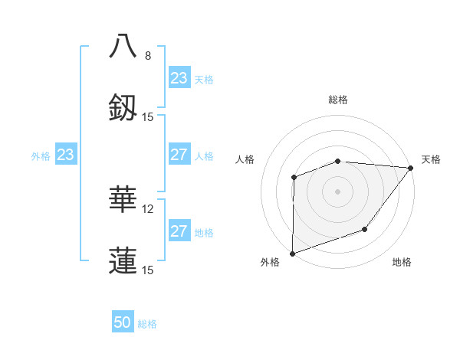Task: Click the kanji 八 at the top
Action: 123,46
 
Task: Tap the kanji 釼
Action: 123,107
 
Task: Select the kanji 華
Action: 123,199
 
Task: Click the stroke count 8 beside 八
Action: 148,56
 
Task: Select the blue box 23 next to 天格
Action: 179,78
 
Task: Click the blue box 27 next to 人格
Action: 179,155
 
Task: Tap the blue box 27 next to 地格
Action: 179,231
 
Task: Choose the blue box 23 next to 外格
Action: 65,155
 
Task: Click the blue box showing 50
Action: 123,322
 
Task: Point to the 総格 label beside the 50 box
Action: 148,324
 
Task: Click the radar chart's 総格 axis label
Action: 338,100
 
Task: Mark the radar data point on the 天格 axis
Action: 411,168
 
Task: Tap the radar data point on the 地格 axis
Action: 365,229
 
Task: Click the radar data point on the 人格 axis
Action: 294,177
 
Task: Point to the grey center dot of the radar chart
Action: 337,191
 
